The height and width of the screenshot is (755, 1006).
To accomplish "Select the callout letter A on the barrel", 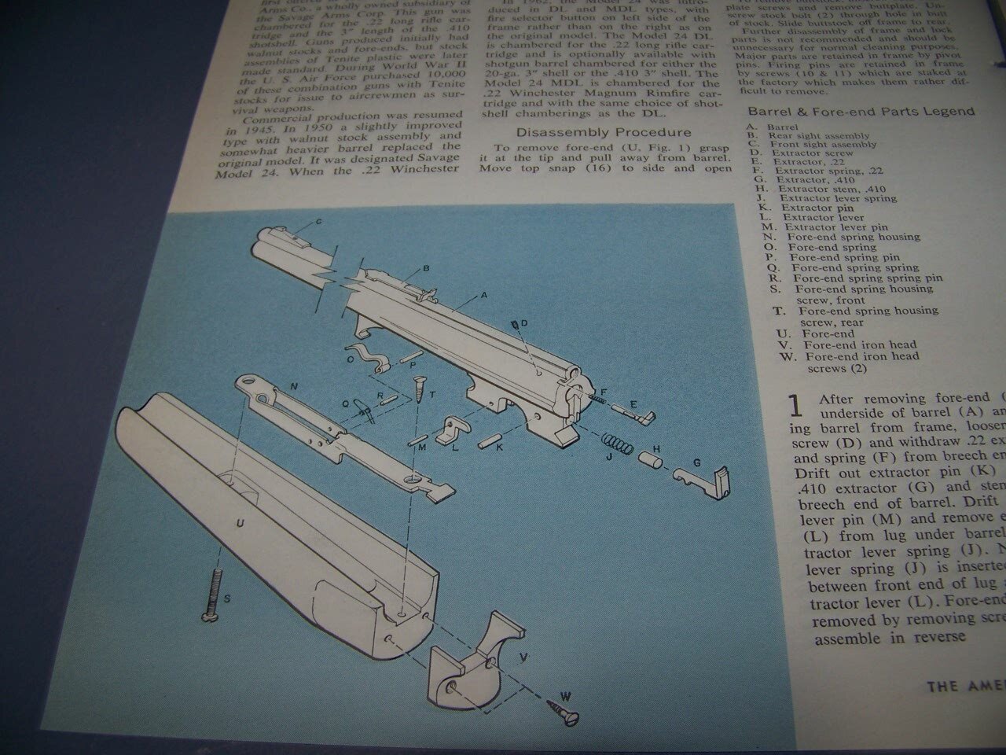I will coord(484,296).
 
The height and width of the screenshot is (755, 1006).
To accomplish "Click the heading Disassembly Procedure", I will coord(604,132).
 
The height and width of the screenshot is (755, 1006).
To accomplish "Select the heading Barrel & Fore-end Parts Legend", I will coord(861,112).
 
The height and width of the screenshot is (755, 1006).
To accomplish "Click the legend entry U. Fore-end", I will coord(813,333).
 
